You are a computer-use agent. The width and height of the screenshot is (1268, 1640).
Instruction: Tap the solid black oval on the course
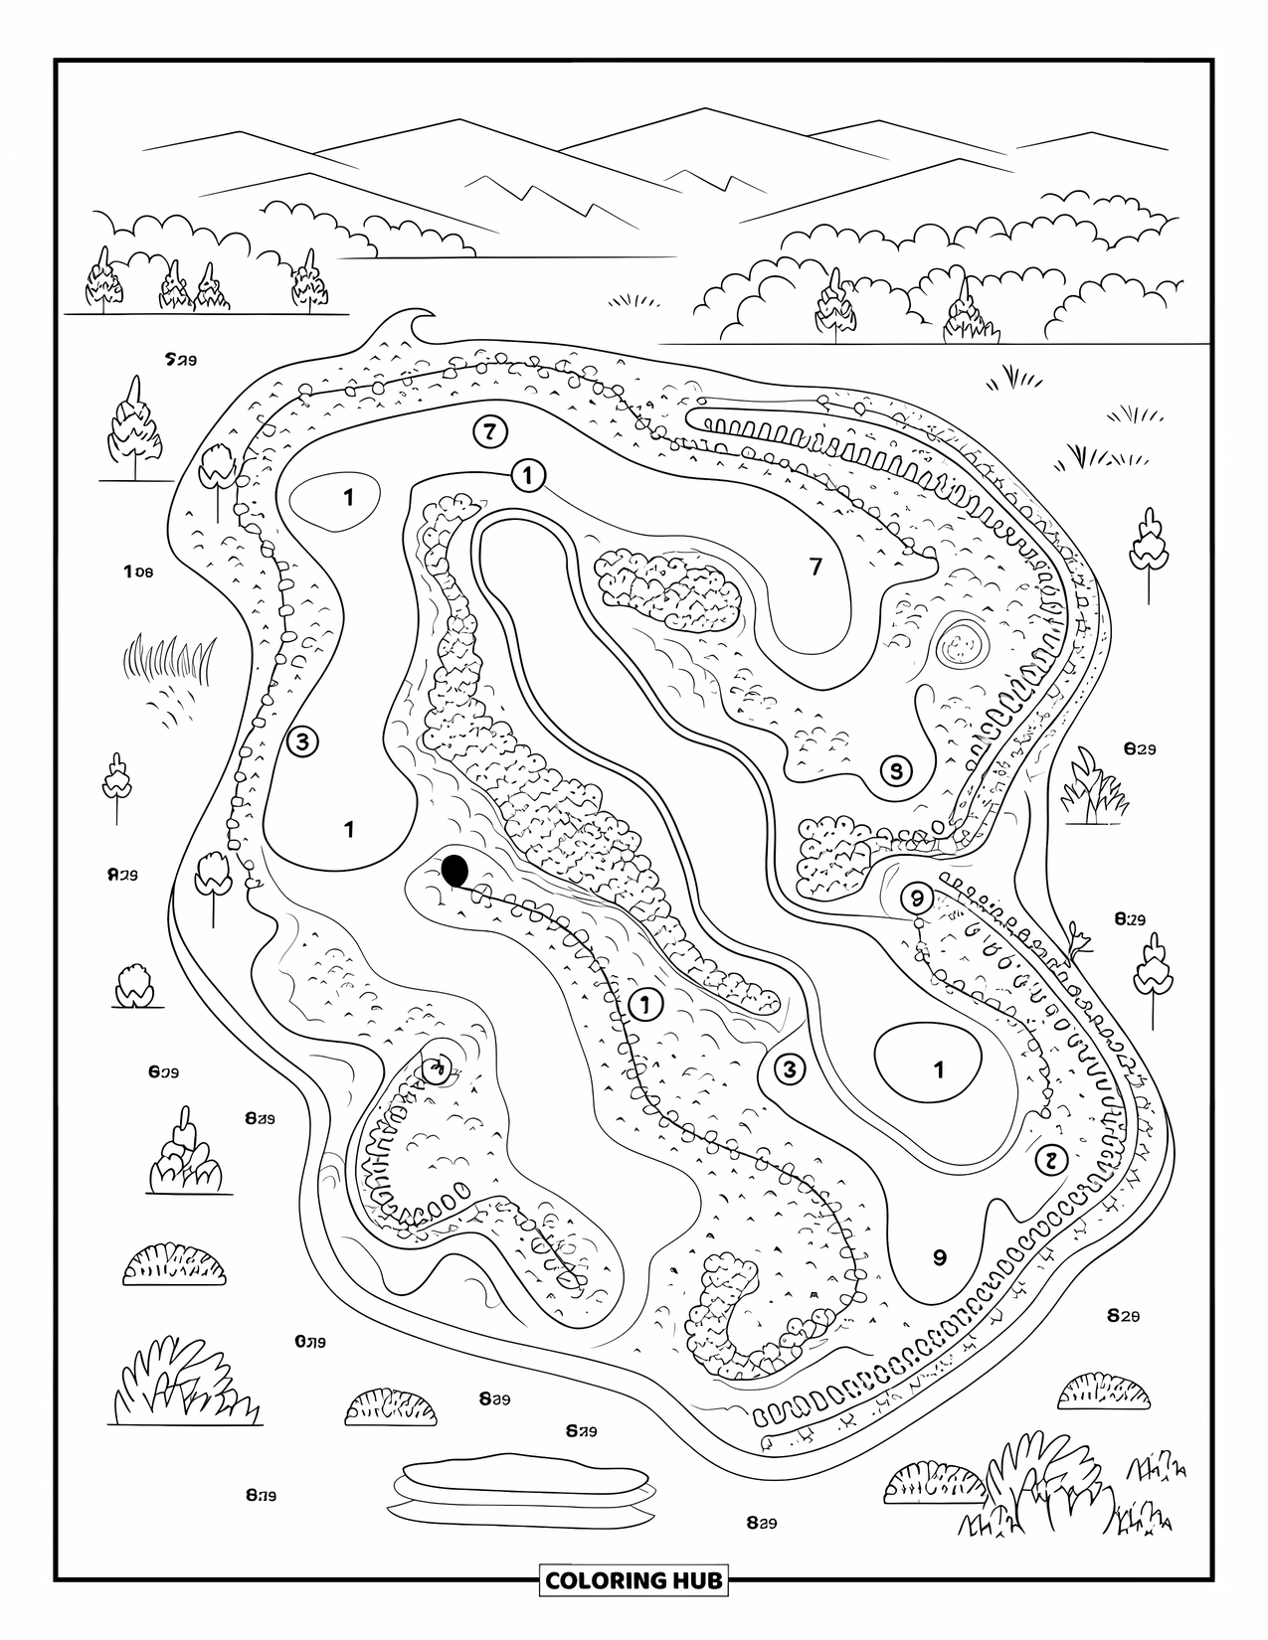pos(454,870)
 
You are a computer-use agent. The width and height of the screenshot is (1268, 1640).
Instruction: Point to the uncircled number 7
pos(816,567)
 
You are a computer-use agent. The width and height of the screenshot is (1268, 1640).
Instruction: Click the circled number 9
pos(915,898)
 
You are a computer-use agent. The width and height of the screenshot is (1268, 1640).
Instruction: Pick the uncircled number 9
pos(940,1256)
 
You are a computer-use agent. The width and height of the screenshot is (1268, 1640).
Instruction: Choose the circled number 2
pos(1050,1159)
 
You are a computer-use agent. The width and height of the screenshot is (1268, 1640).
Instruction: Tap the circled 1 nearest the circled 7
pos(528,476)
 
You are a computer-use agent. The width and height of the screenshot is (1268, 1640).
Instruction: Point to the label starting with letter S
pos(179,358)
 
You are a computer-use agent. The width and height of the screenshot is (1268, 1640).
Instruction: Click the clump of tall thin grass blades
pos(169,657)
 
